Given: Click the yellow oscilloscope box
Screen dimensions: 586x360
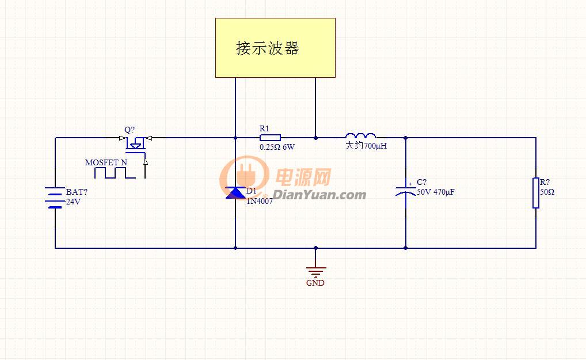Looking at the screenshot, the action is (275, 48).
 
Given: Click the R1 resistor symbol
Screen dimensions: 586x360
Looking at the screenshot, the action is (270, 138).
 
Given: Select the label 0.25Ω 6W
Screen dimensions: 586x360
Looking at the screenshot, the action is (277, 147).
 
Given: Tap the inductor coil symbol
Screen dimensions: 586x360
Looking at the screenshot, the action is (361, 135).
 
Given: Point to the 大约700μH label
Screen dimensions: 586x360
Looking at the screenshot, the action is (366, 146).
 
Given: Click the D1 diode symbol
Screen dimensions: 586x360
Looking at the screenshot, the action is (235, 193).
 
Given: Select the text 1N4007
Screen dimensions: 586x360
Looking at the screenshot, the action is (260, 201).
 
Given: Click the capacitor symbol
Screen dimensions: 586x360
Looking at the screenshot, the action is (406, 191).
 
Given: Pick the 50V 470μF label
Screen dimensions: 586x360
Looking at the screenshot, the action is (435, 192).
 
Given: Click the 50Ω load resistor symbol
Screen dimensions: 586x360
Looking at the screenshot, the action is (536, 193).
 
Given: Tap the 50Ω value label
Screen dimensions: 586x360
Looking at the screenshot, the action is (547, 192).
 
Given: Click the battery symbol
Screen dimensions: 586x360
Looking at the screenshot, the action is (55, 198).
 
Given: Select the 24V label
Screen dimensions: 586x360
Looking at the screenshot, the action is (73, 202).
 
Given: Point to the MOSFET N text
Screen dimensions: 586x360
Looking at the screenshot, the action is (106, 162).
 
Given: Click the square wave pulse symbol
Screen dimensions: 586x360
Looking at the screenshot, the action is (115, 173).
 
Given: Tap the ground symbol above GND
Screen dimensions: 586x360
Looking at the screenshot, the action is (316, 272).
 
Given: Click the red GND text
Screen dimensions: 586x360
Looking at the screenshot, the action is (315, 283).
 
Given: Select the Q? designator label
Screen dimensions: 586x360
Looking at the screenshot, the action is (130, 130).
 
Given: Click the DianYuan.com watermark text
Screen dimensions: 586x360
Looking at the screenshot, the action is (319, 195).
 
